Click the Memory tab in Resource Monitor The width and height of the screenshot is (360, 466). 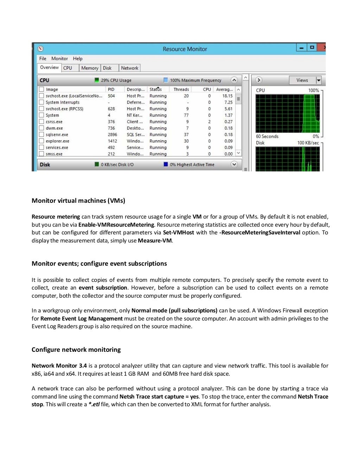(90, 68)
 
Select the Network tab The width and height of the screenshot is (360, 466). (129, 68)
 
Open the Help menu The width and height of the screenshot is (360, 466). (78, 59)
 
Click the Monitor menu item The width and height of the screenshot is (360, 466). (59, 59)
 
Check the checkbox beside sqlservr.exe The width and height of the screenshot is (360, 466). (41, 135)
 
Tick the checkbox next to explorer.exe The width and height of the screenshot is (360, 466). (41, 141)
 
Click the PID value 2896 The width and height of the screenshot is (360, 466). (112, 135)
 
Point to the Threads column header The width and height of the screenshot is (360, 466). (181, 90)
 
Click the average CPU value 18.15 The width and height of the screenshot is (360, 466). (227, 96)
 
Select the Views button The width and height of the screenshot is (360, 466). (302, 80)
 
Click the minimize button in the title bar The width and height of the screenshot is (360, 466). (301, 47)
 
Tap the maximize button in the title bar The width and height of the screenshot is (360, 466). (312, 47)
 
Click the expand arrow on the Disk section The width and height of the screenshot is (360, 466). (234, 164)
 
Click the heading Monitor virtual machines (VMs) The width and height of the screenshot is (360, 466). (78, 201)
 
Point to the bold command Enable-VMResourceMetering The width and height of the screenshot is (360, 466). (116, 225)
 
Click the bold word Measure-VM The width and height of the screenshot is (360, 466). (155, 241)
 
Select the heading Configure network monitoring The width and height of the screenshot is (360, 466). (76, 350)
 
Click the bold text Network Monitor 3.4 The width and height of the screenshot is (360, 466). (59, 366)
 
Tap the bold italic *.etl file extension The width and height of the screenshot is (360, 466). (94, 404)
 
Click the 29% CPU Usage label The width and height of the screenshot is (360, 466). (116, 80)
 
